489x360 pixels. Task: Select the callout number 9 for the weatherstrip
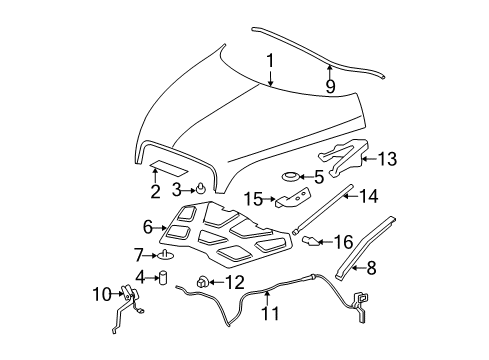click(x=329, y=86)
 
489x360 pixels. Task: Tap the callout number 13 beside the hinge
click(x=388, y=157)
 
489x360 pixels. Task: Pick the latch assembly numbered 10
click(x=127, y=294)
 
